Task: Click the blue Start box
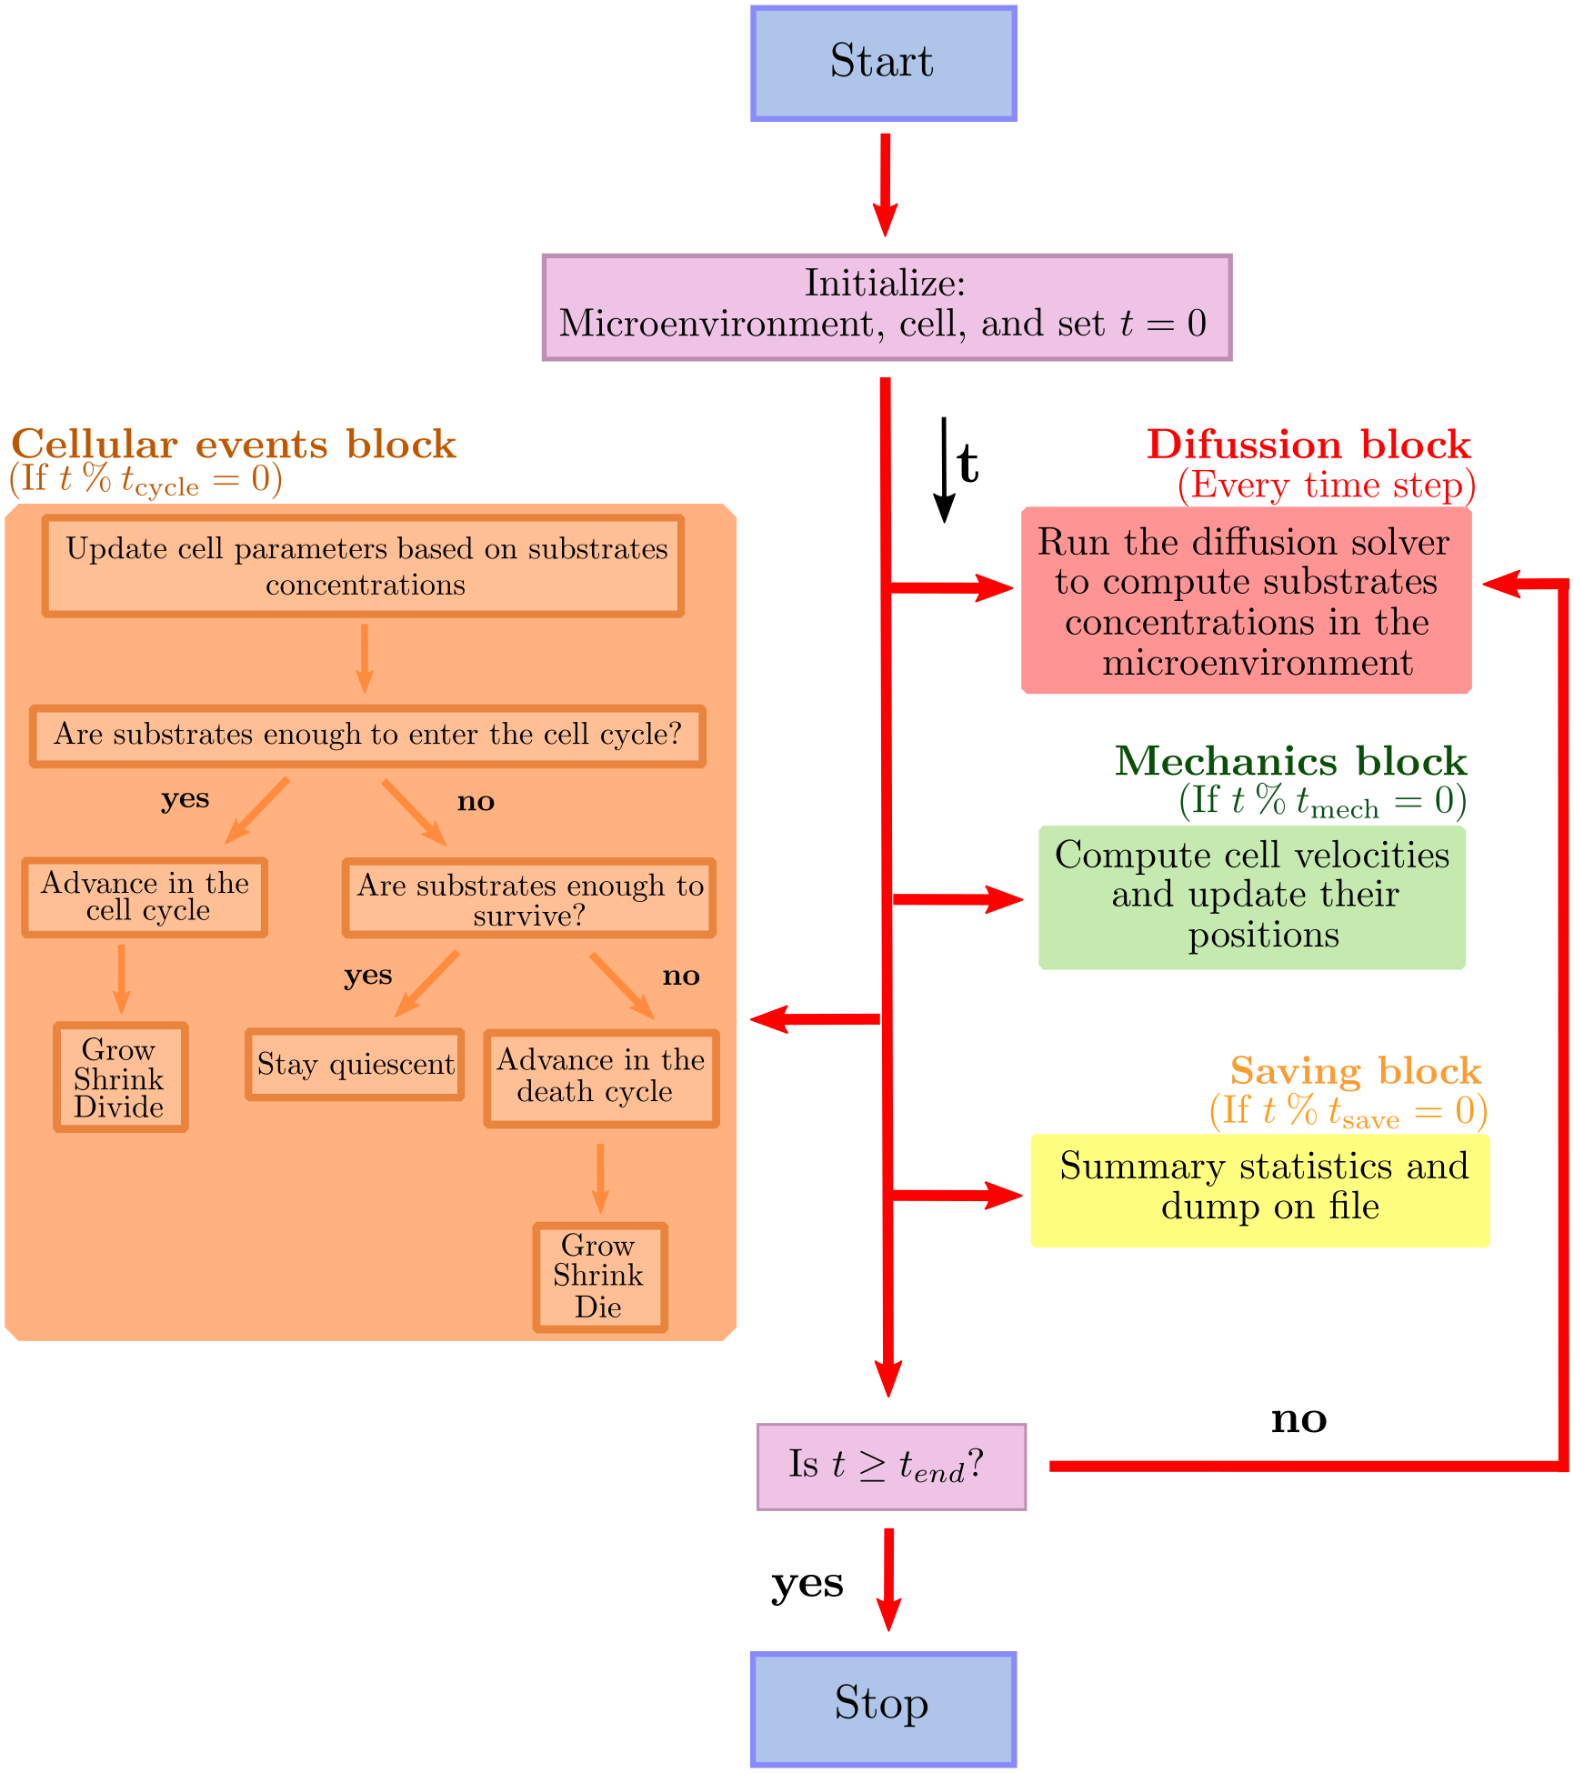click(883, 63)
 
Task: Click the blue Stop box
click(883, 1708)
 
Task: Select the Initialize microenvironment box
click(887, 307)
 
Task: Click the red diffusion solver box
click(1246, 601)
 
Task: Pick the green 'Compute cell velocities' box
click(1252, 897)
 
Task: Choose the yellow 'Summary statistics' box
click(1260, 1189)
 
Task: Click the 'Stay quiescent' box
click(355, 1064)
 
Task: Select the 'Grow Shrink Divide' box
click(121, 1077)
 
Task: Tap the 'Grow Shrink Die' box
click(600, 1277)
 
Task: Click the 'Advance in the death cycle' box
click(601, 1077)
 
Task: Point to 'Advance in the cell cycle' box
click(145, 897)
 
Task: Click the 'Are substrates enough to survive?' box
click(529, 898)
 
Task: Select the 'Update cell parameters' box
click(364, 566)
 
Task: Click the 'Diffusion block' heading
click(1308, 445)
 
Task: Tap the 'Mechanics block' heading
click(1290, 761)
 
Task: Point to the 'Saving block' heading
click(1355, 1071)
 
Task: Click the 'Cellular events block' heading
click(234, 445)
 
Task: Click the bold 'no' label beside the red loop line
click(1298, 1418)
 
